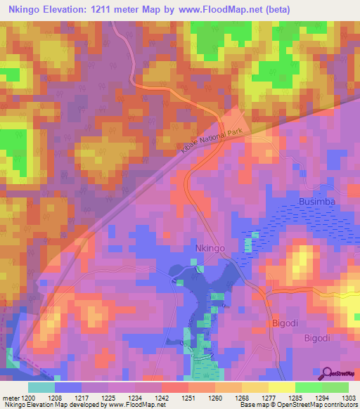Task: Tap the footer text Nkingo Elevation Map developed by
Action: click(x=53, y=405)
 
